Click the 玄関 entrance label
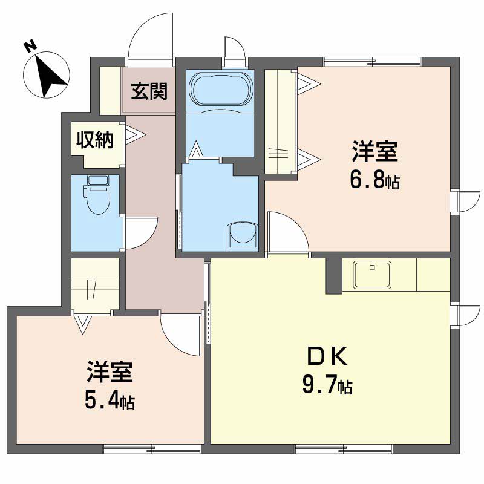click(149, 91)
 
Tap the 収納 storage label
click(95, 140)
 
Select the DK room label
click(327, 356)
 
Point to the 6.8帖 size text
click(374, 180)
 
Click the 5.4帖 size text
click(110, 401)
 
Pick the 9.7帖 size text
click(327, 385)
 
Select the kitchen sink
click(372, 275)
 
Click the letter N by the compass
click(30, 47)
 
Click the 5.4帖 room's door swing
click(181, 335)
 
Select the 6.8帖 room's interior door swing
click(289, 232)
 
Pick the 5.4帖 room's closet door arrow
click(83, 324)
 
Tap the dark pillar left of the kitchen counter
click(334, 276)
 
